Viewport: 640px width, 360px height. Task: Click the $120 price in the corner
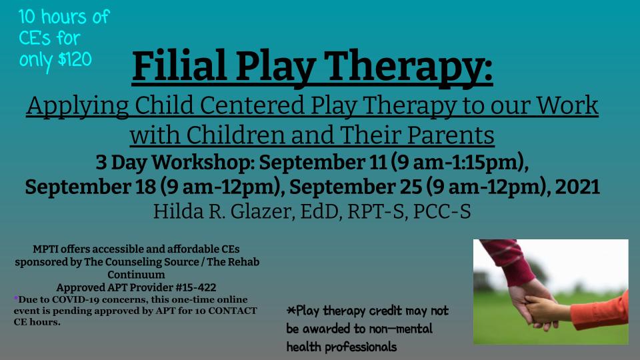pos(75,59)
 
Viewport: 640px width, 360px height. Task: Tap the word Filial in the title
pos(179,66)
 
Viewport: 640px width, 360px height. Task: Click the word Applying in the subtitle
pos(77,107)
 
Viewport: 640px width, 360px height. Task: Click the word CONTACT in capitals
pos(232,311)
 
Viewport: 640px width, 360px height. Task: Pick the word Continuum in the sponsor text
pos(136,275)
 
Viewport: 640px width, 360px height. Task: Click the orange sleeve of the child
pos(599,311)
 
